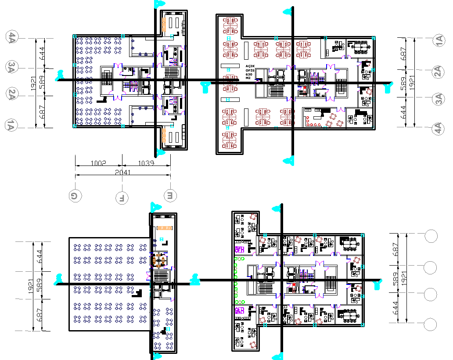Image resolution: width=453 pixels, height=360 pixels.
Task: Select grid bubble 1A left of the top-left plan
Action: [x=11, y=126]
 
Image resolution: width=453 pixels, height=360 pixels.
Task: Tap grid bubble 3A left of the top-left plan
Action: [x=11, y=67]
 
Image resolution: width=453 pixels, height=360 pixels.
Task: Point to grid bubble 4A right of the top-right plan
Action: [x=438, y=128]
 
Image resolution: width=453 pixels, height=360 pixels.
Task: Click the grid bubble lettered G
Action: [x=75, y=196]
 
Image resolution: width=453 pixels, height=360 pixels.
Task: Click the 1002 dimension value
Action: [x=98, y=163]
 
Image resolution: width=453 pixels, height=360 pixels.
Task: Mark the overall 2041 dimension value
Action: [x=122, y=173]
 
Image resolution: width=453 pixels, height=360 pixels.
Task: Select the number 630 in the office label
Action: [x=248, y=75]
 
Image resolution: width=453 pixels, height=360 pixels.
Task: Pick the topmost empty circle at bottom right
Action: [x=431, y=236]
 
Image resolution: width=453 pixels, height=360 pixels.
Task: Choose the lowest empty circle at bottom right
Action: [x=431, y=324]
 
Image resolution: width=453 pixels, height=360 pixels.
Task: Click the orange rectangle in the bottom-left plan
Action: [x=164, y=228]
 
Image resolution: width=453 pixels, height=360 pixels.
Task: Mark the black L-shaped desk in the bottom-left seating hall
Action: [x=139, y=294]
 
